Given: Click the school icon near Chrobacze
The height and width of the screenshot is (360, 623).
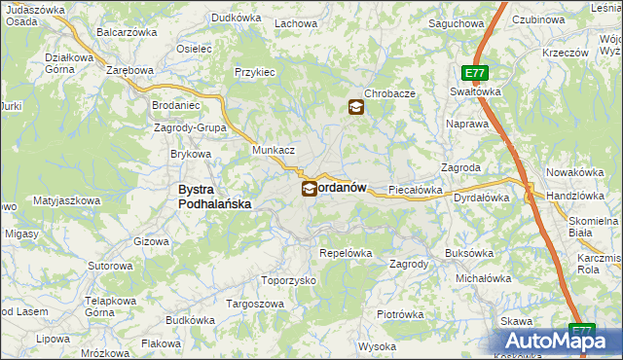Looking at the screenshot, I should coord(356,108).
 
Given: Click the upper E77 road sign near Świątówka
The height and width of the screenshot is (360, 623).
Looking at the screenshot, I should coord(475,73).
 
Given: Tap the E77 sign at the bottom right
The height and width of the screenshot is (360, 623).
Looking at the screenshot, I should coord(582,331).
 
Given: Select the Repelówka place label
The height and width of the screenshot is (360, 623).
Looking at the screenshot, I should coord(347,253).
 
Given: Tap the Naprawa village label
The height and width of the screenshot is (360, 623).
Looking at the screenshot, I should coord(466,125).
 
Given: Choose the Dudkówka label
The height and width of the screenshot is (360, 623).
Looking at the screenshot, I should coord(238,18).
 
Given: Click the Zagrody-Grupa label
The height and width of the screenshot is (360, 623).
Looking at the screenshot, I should coord(191,127).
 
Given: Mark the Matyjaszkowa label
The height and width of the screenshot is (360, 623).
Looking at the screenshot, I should coord(67,200).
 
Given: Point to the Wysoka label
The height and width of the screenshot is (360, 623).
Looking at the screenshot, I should coord(377,346).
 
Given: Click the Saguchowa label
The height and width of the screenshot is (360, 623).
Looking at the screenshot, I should coord(457,22).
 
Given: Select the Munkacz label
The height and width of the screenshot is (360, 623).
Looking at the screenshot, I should coord(274,151).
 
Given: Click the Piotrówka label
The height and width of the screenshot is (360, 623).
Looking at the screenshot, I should coord(400,314).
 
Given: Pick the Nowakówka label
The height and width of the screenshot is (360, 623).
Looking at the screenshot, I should coord(576,172).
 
